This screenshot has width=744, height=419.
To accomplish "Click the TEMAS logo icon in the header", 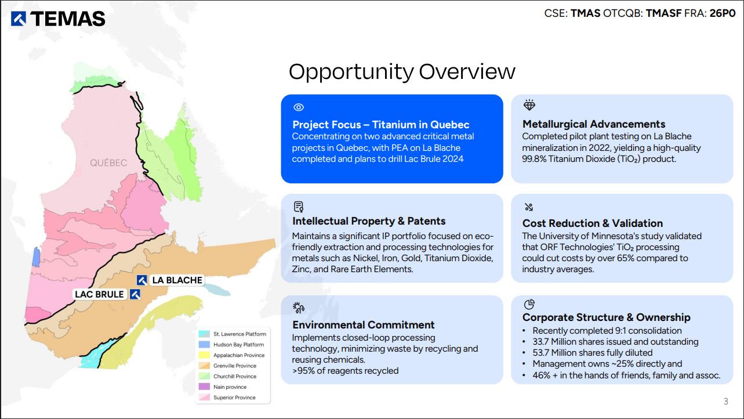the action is (x=19, y=19).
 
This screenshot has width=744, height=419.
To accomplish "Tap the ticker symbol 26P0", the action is (x=723, y=13).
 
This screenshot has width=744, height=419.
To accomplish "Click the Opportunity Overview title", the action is (x=402, y=71).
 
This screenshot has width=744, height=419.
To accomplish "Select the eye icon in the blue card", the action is (x=299, y=107).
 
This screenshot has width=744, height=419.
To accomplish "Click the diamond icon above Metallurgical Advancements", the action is (x=529, y=105).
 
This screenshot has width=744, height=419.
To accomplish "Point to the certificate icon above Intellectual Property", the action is (x=299, y=207).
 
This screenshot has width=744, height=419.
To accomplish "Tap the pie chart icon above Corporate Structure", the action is (x=529, y=304).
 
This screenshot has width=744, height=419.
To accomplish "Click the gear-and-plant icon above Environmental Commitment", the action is (x=298, y=308).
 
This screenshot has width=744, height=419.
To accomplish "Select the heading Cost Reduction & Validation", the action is (x=593, y=223).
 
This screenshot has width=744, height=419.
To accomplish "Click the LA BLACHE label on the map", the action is (x=177, y=280).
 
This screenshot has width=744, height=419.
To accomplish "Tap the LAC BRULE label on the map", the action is (x=99, y=294).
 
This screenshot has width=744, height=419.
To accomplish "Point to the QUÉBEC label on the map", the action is (x=108, y=163).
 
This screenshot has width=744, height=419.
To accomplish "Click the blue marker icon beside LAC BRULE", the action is (x=135, y=294).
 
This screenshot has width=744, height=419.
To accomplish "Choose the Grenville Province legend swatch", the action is (x=204, y=366).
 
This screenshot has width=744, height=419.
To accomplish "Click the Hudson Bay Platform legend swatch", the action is (x=204, y=345).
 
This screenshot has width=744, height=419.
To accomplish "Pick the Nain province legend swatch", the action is (x=204, y=387).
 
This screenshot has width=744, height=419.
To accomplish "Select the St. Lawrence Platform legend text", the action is (x=240, y=334).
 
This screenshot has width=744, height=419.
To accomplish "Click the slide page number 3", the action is (x=725, y=402).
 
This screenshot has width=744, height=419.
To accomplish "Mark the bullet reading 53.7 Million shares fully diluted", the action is (x=593, y=352).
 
